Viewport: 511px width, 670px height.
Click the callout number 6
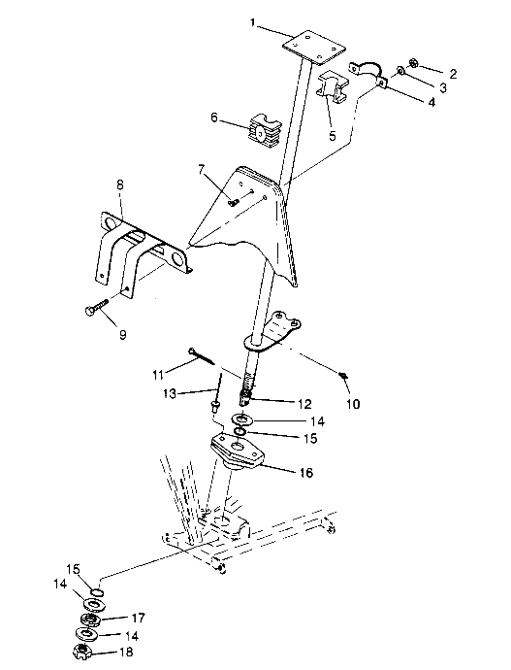point(215,120)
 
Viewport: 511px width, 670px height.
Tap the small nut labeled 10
point(344,373)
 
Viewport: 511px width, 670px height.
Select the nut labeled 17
point(91,618)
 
